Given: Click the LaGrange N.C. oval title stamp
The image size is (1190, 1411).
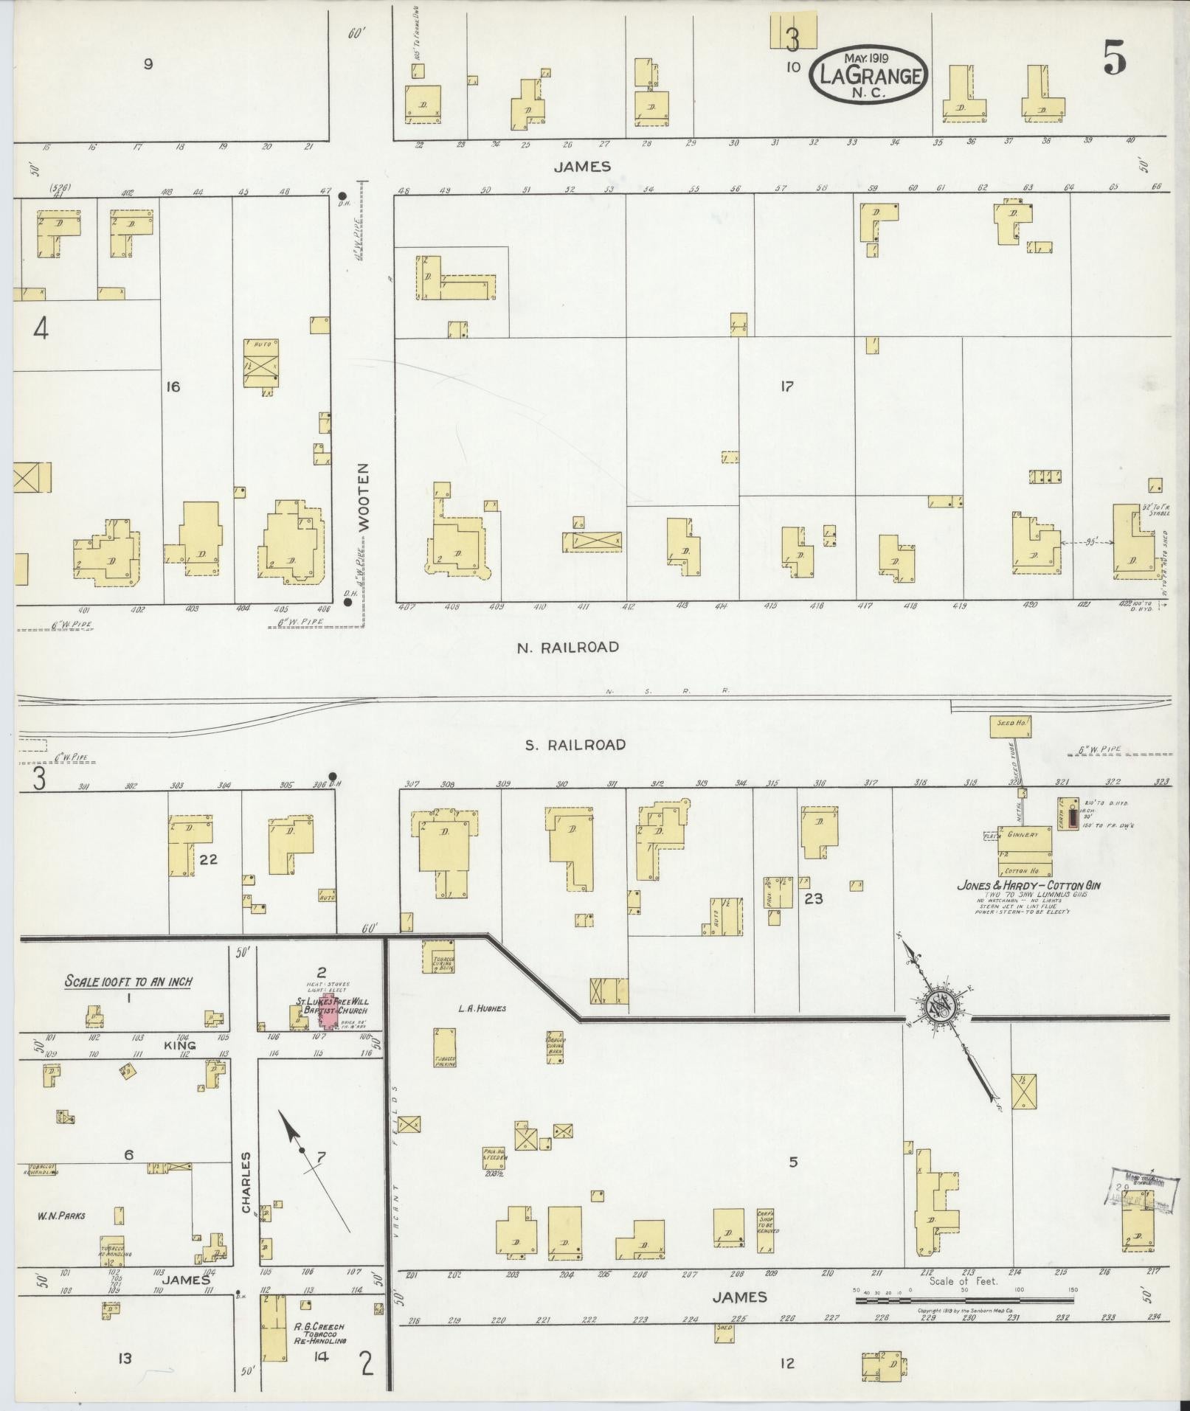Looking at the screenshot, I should (x=868, y=75).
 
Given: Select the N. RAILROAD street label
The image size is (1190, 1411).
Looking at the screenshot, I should (x=567, y=647).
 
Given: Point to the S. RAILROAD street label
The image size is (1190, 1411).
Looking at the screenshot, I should (x=575, y=744).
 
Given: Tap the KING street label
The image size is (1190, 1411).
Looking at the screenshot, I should (x=180, y=1045).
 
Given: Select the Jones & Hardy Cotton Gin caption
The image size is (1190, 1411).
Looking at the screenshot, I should (x=1028, y=886).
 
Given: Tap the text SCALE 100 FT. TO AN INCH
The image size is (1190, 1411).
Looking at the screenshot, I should (x=128, y=981).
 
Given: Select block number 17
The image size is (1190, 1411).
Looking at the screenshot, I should (x=786, y=386).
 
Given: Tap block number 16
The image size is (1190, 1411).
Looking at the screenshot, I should (x=173, y=386).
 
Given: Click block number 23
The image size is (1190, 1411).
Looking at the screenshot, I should (x=814, y=898).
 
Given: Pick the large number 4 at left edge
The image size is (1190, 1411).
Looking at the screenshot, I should (x=40, y=329).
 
